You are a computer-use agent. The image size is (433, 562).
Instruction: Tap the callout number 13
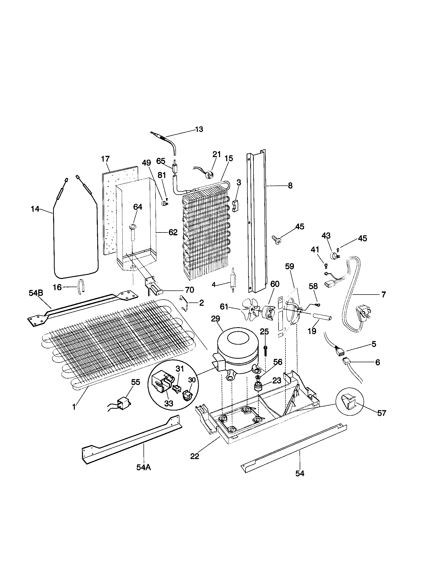199,129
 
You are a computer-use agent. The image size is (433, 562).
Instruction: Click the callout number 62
173,232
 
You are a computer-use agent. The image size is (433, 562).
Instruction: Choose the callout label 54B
36,293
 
